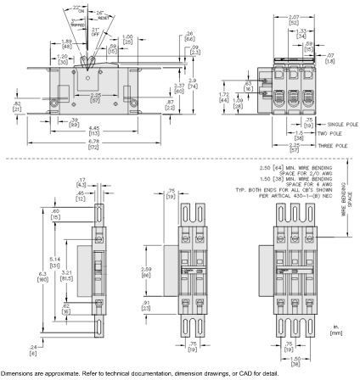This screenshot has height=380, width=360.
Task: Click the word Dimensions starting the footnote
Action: click(17, 374)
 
